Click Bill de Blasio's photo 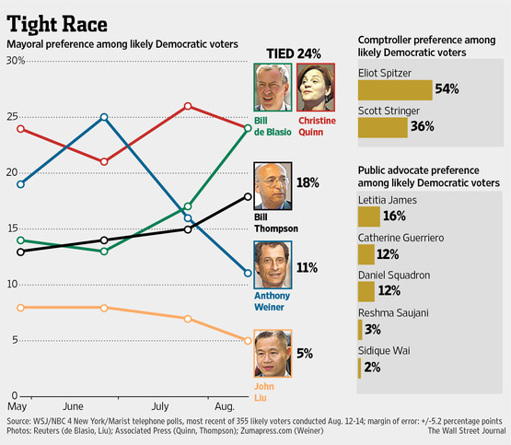pos(273,88)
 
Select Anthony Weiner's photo pos(273,267)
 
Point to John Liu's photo pos(273,354)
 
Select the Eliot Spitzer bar pos(394,89)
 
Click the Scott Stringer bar pos(382,127)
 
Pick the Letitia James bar pos(367,216)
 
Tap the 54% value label pos(447,89)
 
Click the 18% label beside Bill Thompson pos(308,183)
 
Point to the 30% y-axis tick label pos(16,61)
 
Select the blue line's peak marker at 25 pos(104,117)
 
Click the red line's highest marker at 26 pos(188,106)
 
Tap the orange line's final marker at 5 pos(248,341)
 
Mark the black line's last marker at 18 pos(248,195)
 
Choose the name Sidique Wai pos(384,350)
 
